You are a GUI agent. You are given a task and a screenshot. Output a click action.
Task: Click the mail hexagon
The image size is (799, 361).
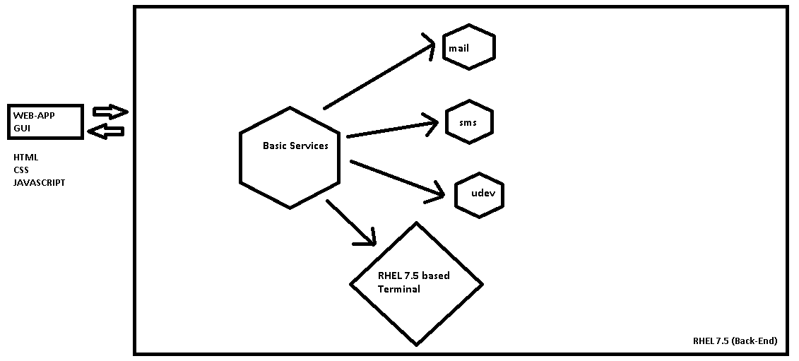(468, 47)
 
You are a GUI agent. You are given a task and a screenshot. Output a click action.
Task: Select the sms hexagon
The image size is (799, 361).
(469, 123)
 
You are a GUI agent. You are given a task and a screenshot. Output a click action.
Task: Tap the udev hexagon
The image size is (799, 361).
(480, 194)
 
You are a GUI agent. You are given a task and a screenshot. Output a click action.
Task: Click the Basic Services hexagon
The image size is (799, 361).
(290, 158)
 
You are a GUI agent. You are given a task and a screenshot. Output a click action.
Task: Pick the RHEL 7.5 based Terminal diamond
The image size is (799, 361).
(416, 284)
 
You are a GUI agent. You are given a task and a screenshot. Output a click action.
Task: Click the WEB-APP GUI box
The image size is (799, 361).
(46, 122)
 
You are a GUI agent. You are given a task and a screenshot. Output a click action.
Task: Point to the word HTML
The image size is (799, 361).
(25, 158)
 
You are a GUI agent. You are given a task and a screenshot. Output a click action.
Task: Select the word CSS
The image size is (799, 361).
(21, 170)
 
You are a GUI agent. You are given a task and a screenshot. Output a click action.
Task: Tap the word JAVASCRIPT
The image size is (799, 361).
(39, 183)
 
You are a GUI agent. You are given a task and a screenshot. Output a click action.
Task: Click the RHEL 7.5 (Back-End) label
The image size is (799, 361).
(735, 341)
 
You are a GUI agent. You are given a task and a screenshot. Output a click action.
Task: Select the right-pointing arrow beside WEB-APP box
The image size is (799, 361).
(110, 112)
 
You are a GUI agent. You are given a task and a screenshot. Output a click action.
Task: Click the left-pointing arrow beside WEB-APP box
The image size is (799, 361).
(109, 131)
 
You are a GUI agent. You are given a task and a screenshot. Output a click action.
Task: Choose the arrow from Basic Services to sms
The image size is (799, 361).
(392, 129)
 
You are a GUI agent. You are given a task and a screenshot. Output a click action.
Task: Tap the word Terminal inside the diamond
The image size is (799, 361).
(398, 290)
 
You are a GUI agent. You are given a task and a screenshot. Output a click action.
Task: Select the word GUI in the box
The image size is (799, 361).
(22, 129)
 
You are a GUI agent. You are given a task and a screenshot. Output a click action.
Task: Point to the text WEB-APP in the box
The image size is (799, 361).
(33, 115)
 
